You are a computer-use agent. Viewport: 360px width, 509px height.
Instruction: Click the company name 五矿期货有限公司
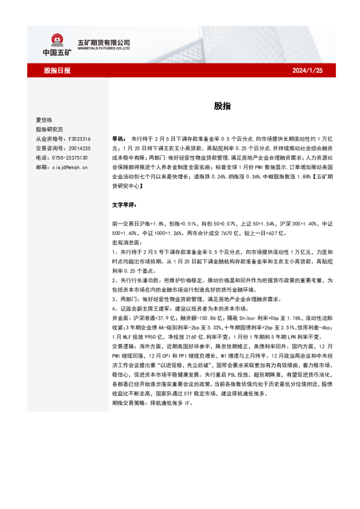point(103,42)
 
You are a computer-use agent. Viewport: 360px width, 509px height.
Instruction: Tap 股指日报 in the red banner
point(58,71)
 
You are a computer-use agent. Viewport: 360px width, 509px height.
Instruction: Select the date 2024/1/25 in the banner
point(307,71)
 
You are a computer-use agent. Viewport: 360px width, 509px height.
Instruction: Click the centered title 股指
point(221,106)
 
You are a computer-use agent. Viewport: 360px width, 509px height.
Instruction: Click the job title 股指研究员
point(50,129)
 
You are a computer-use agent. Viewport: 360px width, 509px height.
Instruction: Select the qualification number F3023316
point(79,138)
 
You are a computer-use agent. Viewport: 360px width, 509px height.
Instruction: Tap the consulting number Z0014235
point(79,148)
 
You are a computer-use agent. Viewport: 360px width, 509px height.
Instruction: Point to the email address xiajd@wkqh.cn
point(71,166)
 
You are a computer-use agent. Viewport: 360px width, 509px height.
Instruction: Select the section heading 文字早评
point(125,206)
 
